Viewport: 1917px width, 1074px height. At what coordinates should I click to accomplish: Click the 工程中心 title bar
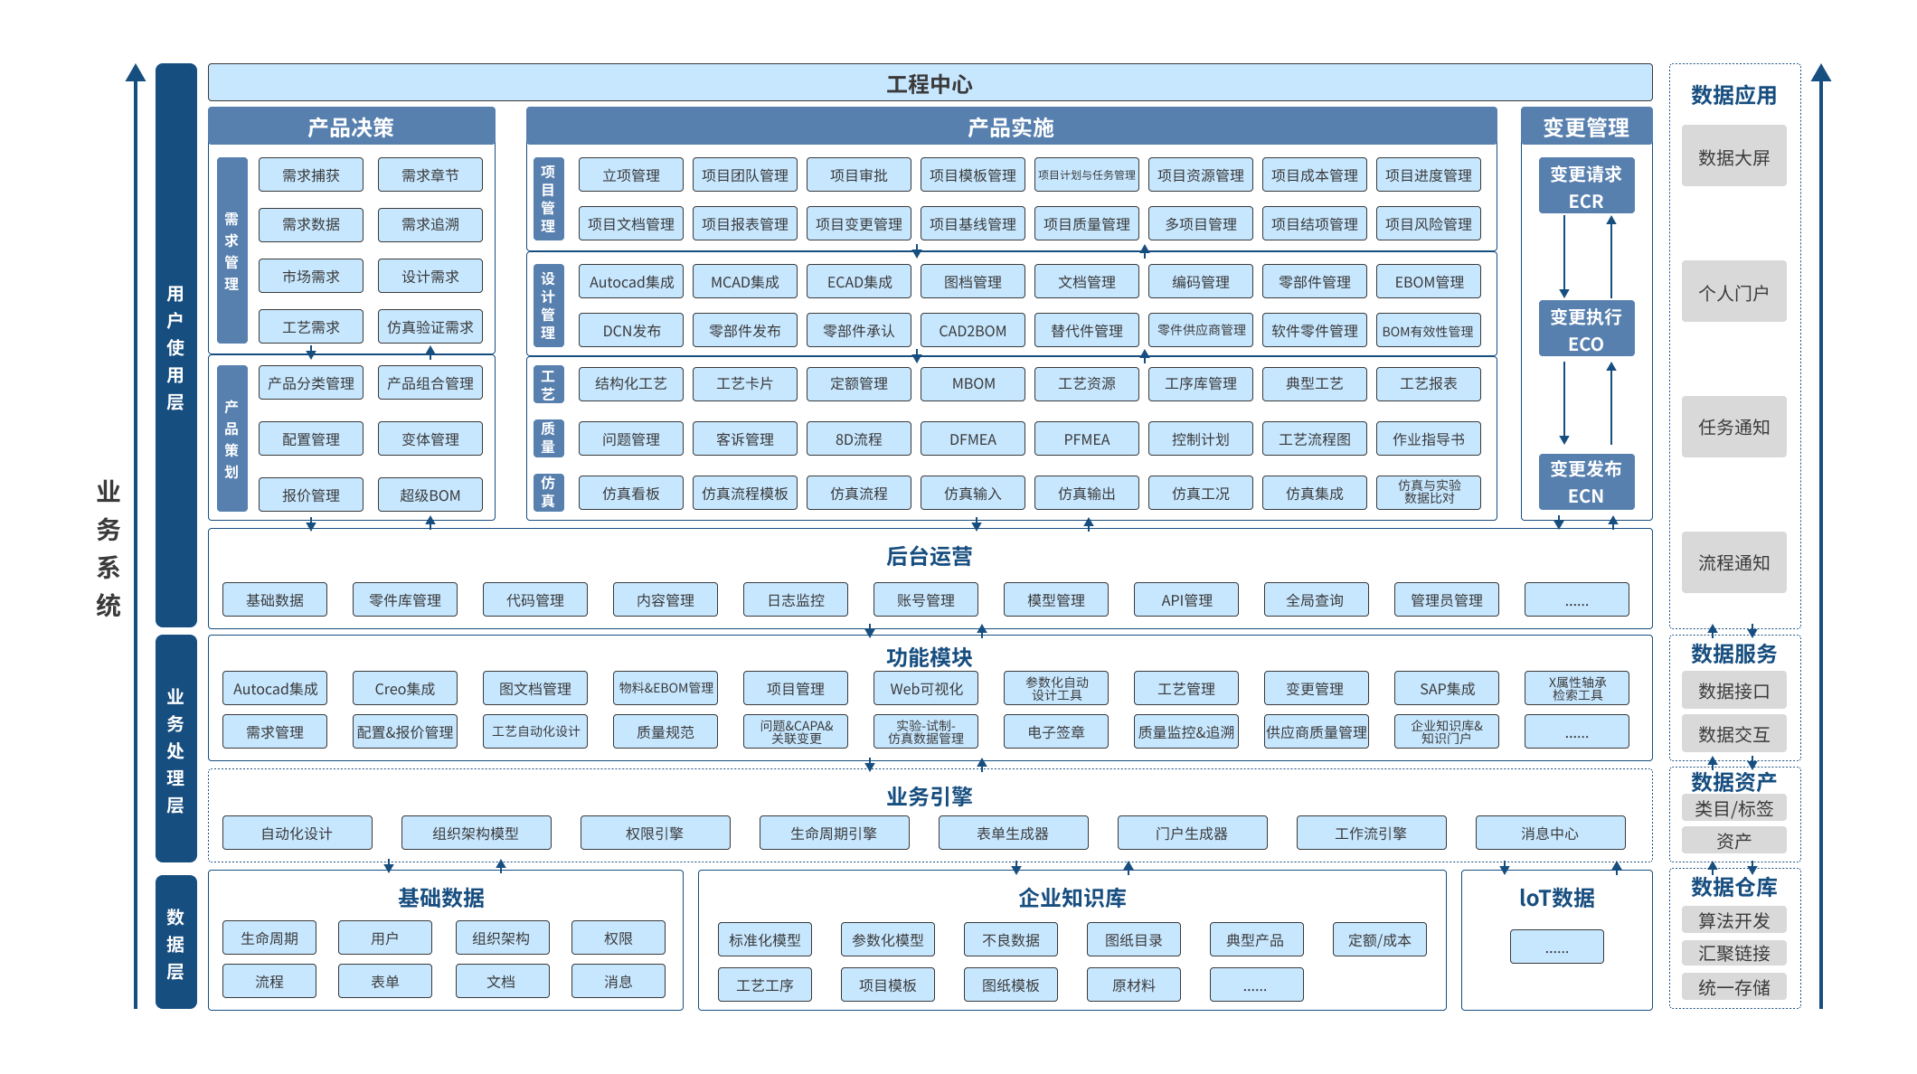(x=930, y=83)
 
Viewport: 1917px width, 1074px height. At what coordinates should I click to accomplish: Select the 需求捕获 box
(x=311, y=174)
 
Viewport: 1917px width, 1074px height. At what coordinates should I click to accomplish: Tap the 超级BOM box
(x=430, y=495)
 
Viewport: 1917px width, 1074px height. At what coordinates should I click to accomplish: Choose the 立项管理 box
(x=631, y=174)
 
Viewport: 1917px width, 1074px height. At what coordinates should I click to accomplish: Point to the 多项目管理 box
(x=1201, y=223)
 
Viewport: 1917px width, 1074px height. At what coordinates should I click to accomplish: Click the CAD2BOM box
(x=973, y=330)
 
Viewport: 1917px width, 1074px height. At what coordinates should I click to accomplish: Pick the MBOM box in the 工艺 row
(x=973, y=383)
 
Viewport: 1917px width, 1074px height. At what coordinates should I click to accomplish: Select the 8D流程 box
(x=859, y=439)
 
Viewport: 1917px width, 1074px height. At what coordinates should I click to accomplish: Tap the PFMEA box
(x=1087, y=439)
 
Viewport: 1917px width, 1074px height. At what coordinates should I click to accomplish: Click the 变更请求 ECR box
(x=1586, y=187)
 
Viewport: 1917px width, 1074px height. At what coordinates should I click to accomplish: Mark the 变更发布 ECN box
(x=1586, y=482)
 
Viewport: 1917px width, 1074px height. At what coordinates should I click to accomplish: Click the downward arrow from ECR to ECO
(x=1564, y=257)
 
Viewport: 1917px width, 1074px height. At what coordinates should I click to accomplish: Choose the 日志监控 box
(x=796, y=599)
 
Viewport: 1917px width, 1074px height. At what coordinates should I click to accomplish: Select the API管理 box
(x=1186, y=599)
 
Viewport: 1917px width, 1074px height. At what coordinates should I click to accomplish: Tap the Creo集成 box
(x=405, y=688)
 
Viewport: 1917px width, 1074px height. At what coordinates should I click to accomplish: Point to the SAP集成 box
(x=1447, y=688)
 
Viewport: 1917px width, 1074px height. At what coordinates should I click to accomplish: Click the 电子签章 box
(x=1056, y=731)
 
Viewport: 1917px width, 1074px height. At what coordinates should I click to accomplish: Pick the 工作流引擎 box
(x=1371, y=833)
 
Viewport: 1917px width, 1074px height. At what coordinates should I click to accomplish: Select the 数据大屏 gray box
(x=1734, y=156)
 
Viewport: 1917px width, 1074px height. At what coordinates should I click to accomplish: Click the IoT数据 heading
(x=1557, y=898)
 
